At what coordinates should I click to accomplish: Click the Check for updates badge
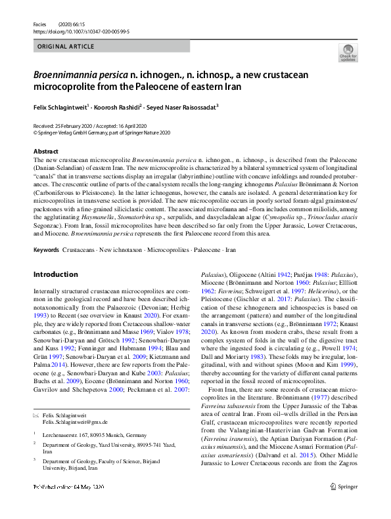point(348,52)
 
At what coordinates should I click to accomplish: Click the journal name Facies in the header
point(39,23)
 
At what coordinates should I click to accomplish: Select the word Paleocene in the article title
point(154,87)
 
